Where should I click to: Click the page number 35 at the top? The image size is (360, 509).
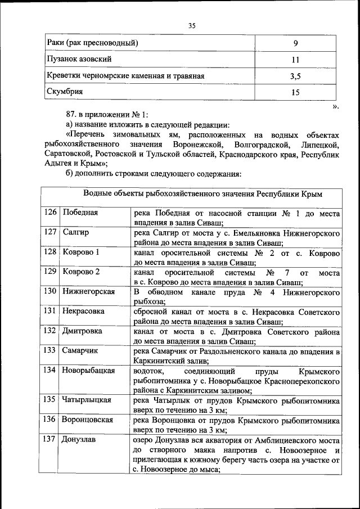[x=192, y=25]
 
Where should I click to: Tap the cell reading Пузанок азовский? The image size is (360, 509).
[x=79, y=59]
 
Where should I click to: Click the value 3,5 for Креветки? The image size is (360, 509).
[x=295, y=76]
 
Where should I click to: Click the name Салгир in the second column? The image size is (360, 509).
[x=75, y=232]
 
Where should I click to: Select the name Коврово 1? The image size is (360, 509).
[x=81, y=252]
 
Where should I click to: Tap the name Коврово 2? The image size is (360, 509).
[x=81, y=272]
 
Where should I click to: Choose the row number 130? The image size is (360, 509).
[x=51, y=291]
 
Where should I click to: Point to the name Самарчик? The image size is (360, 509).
[x=80, y=350]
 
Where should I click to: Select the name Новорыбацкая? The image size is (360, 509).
[x=89, y=370]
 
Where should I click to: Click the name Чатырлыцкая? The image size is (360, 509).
[x=87, y=400]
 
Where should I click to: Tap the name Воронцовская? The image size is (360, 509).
[x=88, y=420]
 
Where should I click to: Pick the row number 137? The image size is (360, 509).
[x=51, y=439]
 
